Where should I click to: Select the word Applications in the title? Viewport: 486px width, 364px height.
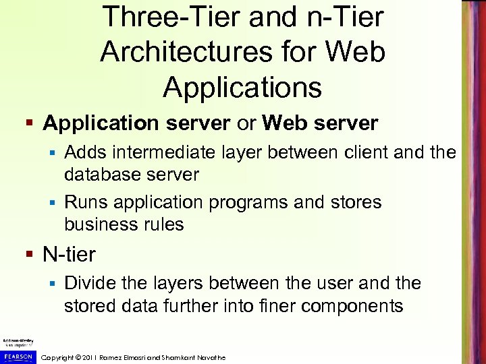pyautogui.click(x=242, y=88)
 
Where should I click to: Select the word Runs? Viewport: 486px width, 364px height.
pyautogui.click(x=88, y=202)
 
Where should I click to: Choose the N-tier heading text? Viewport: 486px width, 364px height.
pyautogui.click(x=69, y=255)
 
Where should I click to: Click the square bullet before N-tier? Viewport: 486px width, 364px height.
pyautogui.click(x=29, y=255)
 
